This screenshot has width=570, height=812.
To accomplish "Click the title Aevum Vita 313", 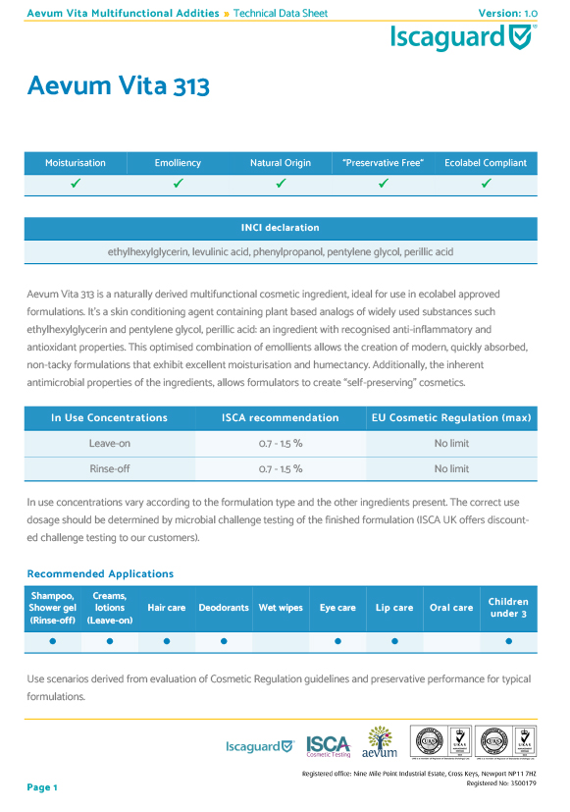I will [118, 86].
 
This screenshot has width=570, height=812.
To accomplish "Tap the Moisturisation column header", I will [76, 163].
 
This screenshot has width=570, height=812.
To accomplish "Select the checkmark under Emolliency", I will [178, 184].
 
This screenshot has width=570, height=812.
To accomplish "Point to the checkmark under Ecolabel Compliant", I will [486, 184].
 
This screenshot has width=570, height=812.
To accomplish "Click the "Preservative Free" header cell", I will [383, 163].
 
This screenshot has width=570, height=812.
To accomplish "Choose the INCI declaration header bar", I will [281, 228].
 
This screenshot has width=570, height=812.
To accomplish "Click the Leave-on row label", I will [110, 444].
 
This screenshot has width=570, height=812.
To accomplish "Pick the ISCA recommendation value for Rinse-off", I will [281, 469].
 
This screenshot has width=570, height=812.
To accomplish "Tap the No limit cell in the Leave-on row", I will [451, 444].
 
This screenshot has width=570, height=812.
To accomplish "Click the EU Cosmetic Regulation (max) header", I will [451, 418].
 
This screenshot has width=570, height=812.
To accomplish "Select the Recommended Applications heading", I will [100, 573].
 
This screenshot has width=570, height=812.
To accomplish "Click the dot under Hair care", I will [167, 641].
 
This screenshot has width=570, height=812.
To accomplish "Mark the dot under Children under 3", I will [508, 641].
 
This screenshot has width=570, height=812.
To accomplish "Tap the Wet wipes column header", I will [281, 608].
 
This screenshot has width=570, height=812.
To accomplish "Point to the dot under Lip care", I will [394, 641].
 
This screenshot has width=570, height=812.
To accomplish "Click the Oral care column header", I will [451, 608].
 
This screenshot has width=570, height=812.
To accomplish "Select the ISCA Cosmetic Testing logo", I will [329, 745].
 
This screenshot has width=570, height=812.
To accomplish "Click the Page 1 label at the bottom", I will [43, 787].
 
